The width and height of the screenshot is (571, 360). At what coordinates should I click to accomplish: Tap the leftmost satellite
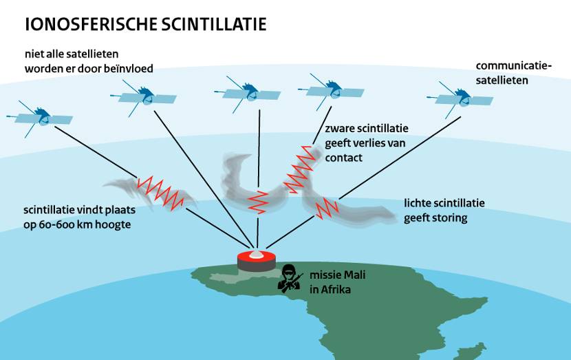(43, 116)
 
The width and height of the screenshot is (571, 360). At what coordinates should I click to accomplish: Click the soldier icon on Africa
(290, 277)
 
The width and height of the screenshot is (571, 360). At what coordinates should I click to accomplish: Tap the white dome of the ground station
(256, 253)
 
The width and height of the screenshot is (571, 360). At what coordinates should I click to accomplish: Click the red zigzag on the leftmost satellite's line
(162, 192)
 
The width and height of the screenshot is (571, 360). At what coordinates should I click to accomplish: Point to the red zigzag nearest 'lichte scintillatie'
(324, 207)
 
